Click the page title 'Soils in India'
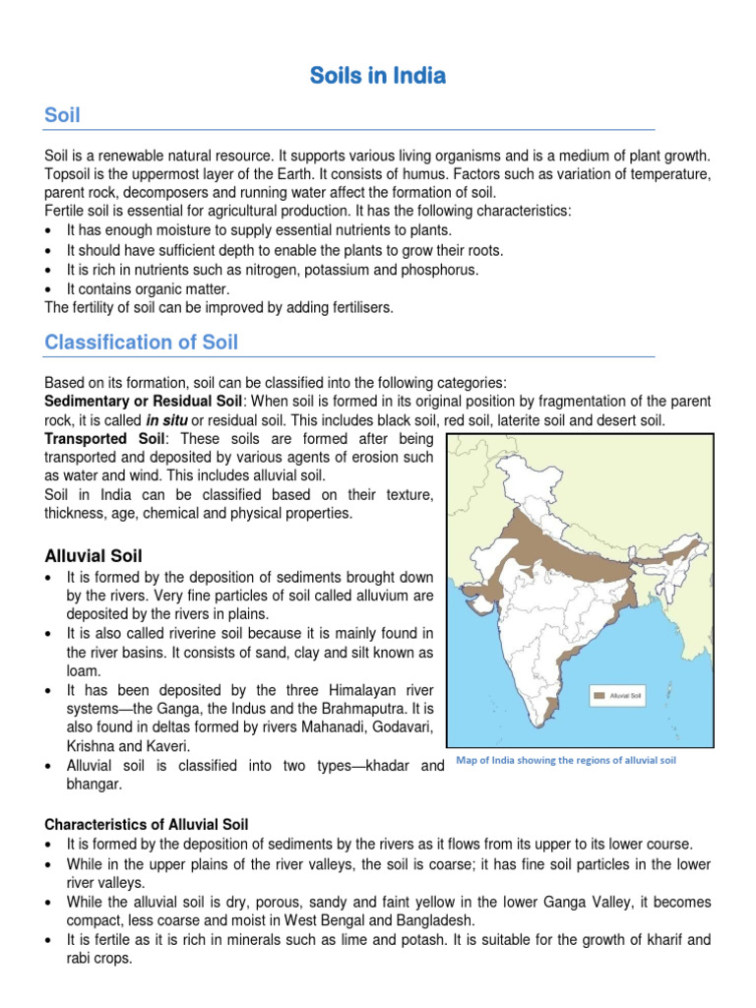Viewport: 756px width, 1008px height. coord(378,75)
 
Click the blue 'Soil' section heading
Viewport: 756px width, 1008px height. coord(62,116)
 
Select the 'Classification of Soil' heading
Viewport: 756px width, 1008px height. coord(141,343)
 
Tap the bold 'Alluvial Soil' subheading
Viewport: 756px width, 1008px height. coord(94,556)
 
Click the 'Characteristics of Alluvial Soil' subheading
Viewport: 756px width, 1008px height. coord(147,823)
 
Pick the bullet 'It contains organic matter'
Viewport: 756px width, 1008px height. coord(148,288)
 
